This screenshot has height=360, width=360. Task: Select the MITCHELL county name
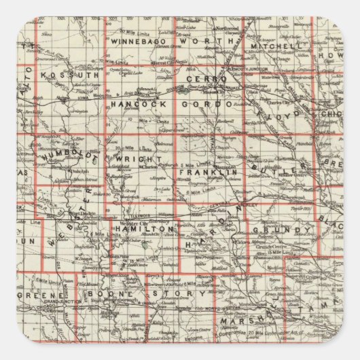272,46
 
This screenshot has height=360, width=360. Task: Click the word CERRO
206,79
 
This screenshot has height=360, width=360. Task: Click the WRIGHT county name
130,159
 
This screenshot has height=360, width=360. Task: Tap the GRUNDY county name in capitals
270,231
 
